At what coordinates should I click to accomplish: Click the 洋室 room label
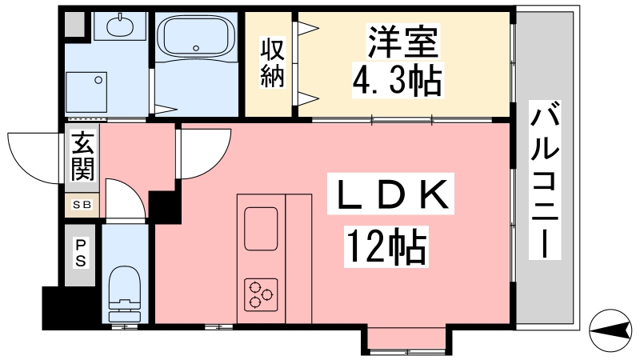click(403, 42)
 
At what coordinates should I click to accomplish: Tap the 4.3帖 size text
click(397, 81)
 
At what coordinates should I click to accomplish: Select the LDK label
click(390, 194)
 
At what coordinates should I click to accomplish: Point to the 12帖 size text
click(386, 247)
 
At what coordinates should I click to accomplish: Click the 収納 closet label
click(272, 62)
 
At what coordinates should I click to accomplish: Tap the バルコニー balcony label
click(545, 179)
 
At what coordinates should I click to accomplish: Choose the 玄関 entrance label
click(83, 155)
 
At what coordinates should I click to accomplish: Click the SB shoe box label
click(82, 205)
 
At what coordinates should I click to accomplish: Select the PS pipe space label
click(81, 253)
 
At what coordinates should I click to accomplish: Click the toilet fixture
click(125, 294)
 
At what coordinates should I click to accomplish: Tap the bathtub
click(196, 36)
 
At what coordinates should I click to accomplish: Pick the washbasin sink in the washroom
click(120, 26)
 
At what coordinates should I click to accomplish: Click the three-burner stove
click(262, 294)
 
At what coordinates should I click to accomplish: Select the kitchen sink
click(262, 229)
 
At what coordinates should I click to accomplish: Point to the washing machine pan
click(86, 92)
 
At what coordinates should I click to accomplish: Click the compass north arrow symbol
click(610, 330)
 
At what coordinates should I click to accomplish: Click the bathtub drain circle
click(196, 48)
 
